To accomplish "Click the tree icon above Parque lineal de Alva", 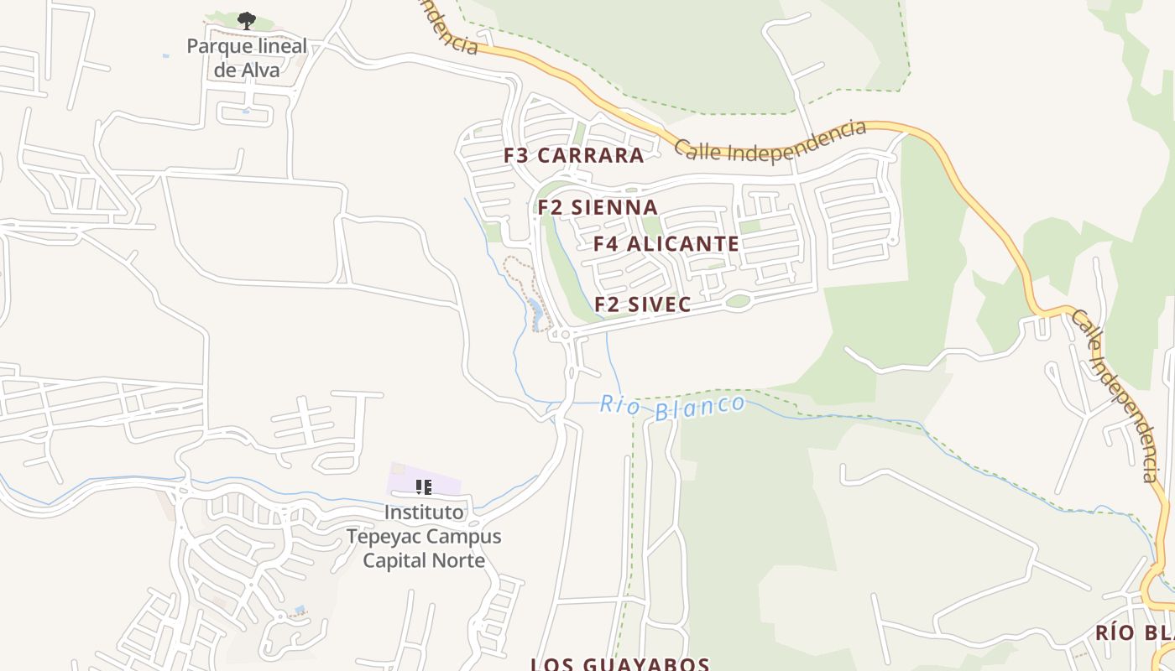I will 246,20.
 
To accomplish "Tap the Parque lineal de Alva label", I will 246,58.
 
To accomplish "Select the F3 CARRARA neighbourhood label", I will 574,155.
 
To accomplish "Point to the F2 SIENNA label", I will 598,207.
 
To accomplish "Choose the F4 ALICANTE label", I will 666,244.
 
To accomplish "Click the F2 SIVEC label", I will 643,304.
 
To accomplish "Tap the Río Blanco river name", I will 672,407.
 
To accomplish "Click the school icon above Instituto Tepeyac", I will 424,486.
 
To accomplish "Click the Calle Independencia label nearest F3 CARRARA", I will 770,142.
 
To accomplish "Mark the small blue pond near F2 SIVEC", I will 535,313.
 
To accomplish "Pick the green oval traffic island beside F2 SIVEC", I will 738,301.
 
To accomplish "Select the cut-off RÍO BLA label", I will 1134,632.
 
